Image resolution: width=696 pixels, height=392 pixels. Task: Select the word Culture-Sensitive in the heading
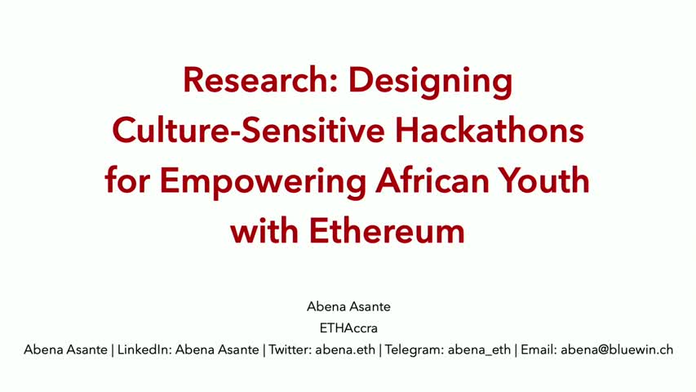point(248,130)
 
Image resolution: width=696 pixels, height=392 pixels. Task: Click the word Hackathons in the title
point(490,130)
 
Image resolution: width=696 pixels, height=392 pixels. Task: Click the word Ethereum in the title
point(387,230)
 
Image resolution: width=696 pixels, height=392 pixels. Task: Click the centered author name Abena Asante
point(348,307)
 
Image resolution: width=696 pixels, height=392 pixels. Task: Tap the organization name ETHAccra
point(348,328)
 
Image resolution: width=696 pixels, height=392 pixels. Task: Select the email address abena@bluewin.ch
point(617,350)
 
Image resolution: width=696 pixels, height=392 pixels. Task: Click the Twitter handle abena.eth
point(345,350)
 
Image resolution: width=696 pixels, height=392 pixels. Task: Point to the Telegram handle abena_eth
point(479,350)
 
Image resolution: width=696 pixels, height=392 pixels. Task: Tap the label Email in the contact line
point(537,350)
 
